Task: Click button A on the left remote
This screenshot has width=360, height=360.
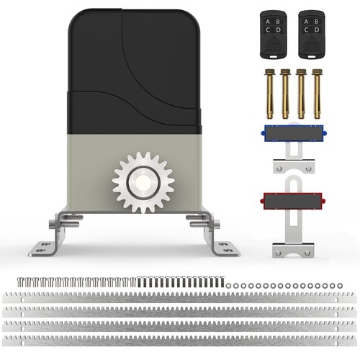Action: click(268, 22)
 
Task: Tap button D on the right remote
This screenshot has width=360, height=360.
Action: click(317, 30)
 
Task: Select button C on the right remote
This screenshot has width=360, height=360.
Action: click(306, 30)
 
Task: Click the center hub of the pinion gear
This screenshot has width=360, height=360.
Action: click(143, 182)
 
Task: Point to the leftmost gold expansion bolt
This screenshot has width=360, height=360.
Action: click(269, 94)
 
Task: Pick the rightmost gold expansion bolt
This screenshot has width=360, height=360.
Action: click(317, 94)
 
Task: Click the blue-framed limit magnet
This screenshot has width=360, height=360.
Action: click(294, 133)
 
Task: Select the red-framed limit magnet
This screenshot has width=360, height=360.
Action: click(293, 201)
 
